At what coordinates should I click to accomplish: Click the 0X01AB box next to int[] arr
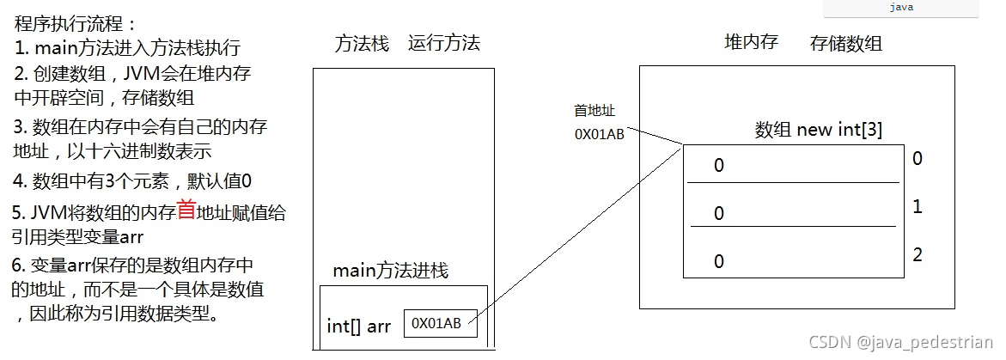pyautogui.click(x=440, y=323)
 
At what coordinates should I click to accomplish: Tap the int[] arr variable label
pyautogui.click(x=359, y=326)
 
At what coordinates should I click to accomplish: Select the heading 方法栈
pyautogui.click(x=362, y=44)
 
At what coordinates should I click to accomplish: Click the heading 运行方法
pyautogui.click(x=443, y=44)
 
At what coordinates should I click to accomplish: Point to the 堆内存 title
pyautogui.click(x=752, y=41)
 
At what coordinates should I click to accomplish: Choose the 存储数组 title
pyautogui.click(x=845, y=43)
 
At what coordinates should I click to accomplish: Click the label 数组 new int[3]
pyautogui.click(x=819, y=130)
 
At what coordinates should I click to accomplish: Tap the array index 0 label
pyautogui.click(x=918, y=158)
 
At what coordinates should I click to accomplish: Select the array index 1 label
pyautogui.click(x=918, y=207)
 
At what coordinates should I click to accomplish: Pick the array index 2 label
pyautogui.click(x=918, y=254)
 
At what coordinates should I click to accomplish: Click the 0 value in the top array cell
pyautogui.click(x=719, y=166)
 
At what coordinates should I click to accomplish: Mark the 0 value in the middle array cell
pyautogui.click(x=719, y=213)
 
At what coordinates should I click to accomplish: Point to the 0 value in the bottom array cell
pyautogui.click(x=719, y=261)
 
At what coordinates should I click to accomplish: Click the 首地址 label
pyautogui.click(x=594, y=111)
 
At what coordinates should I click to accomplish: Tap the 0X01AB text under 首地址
pyautogui.click(x=599, y=134)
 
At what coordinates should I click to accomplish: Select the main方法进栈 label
pyautogui.click(x=390, y=272)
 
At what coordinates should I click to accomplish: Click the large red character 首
pyautogui.click(x=186, y=210)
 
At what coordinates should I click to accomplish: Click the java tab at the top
pyautogui.click(x=900, y=7)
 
